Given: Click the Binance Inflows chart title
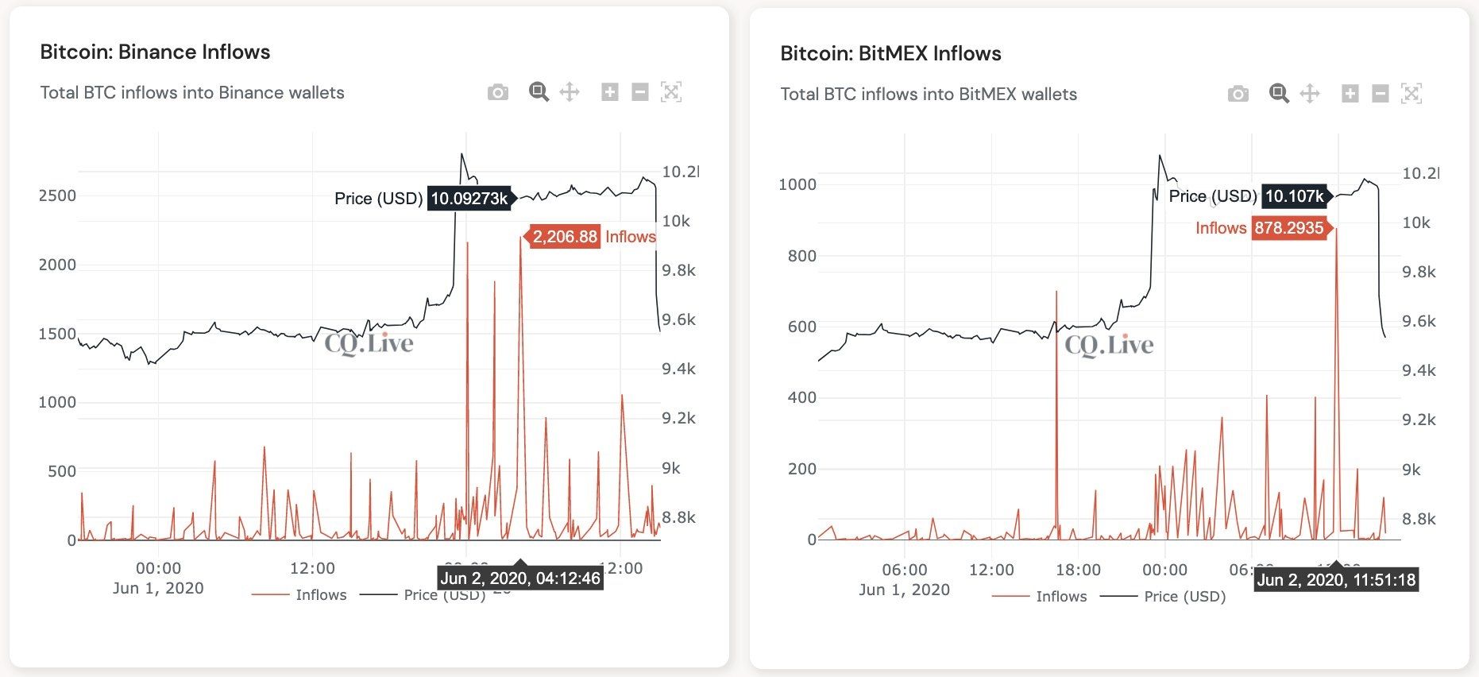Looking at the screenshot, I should [x=155, y=52].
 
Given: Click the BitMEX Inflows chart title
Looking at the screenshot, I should [x=890, y=54].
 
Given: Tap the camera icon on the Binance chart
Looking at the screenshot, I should [x=498, y=92].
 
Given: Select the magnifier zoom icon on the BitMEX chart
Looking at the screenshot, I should [x=1278, y=94].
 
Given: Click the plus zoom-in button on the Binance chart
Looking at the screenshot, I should [x=609, y=92].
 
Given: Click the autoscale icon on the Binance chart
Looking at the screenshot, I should [x=671, y=92].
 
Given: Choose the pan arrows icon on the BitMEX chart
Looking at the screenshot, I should [x=1309, y=94].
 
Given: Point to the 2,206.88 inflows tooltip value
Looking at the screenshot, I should [x=565, y=237].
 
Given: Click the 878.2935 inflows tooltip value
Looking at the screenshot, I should [x=1289, y=229].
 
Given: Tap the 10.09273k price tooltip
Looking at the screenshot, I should [x=469, y=198].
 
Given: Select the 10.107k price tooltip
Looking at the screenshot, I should [x=1294, y=196].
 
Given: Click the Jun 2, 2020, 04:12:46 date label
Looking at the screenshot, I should [x=520, y=578].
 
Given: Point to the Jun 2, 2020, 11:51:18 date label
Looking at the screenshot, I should [x=1336, y=580].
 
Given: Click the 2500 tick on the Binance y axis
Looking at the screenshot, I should [x=57, y=195].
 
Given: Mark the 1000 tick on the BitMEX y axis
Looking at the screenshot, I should [x=797, y=184].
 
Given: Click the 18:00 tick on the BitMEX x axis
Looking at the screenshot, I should [x=1078, y=570].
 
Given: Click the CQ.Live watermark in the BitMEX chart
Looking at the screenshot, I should [x=1109, y=345].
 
